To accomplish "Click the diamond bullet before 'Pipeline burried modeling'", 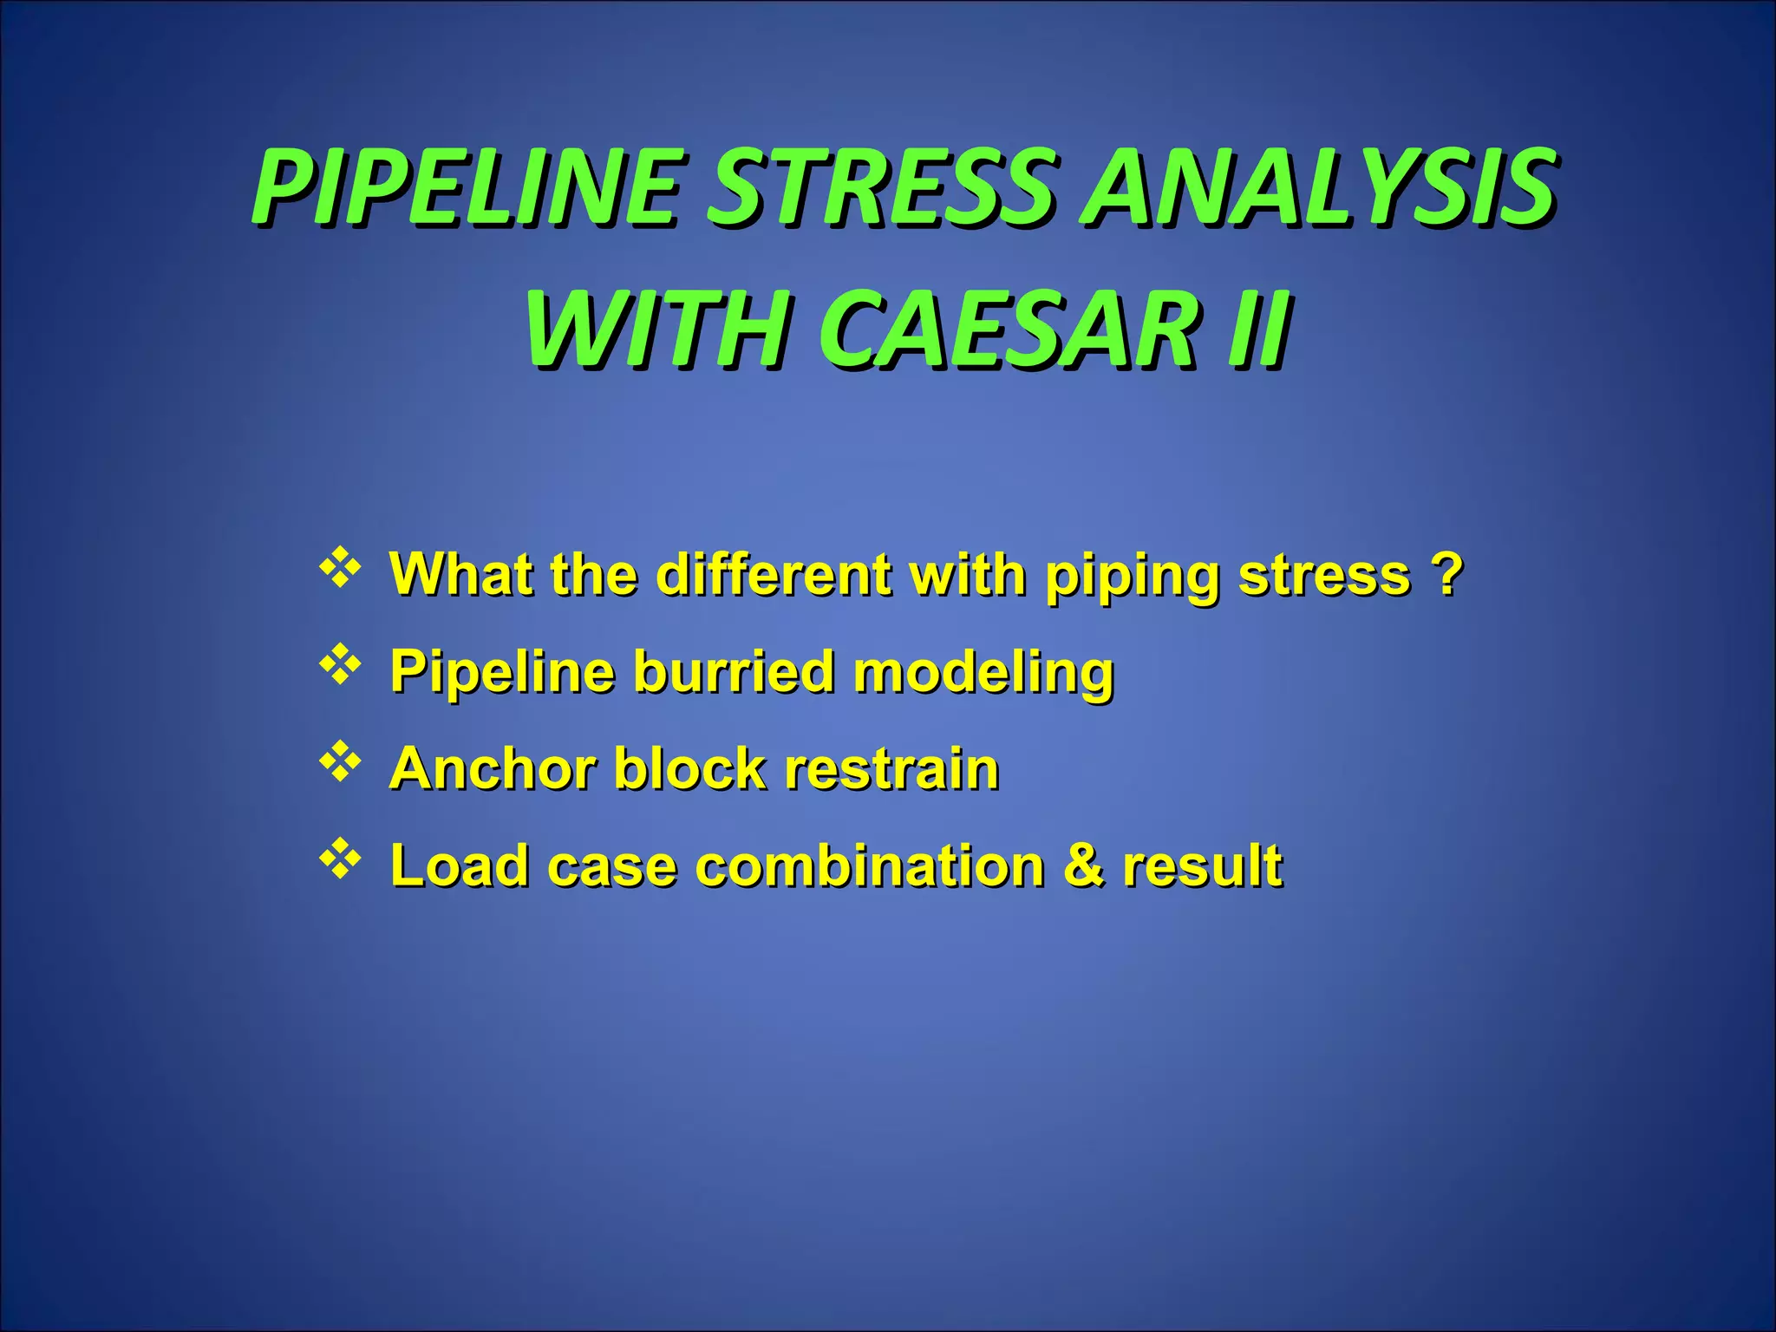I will pos(340,665).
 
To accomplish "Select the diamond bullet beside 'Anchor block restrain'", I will pos(340,762).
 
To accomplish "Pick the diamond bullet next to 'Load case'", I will pos(340,859).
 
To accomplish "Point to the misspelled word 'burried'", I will pos(733,672).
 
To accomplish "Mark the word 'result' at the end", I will pos(1202,865).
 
